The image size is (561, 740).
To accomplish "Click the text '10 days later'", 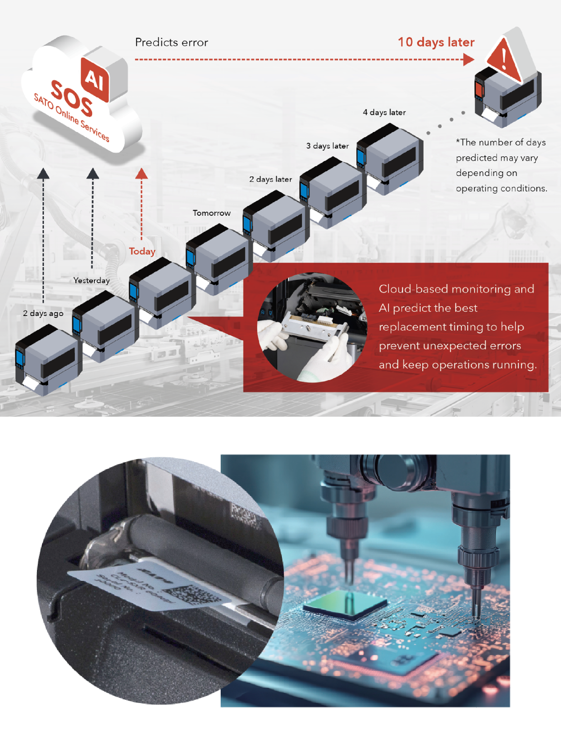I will (436, 42).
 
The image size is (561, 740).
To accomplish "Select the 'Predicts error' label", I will (171, 43).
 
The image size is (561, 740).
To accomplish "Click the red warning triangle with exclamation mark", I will (504, 59).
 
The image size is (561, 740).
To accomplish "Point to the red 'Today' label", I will (142, 251).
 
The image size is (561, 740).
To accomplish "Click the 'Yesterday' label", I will (92, 280).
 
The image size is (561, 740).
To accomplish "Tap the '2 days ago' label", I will (43, 313).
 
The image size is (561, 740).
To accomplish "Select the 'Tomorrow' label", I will (211, 213).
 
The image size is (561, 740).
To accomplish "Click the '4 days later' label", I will (384, 112).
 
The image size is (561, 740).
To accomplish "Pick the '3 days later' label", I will (327, 146).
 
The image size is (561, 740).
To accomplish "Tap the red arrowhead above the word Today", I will (142, 174).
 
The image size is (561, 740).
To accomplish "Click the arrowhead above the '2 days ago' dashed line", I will (43, 173).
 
